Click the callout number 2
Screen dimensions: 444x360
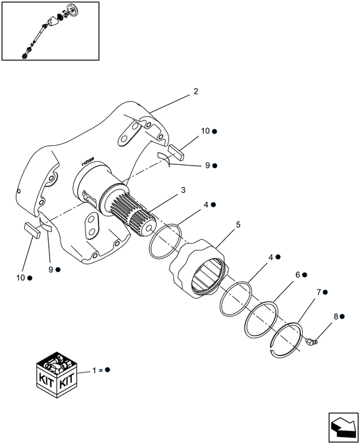click(196, 91)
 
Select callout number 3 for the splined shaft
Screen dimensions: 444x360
click(182, 190)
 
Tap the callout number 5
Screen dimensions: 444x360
click(220, 224)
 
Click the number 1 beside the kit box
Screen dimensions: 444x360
click(95, 369)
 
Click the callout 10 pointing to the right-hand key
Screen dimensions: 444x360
click(205, 131)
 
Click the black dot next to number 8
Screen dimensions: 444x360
click(342, 316)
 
